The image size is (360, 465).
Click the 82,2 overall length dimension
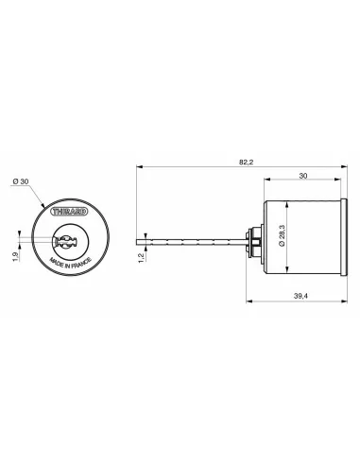pyautogui.click(x=246, y=163)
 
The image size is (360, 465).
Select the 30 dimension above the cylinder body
pyautogui.click(x=302, y=176)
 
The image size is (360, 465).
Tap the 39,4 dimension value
pyautogui.click(x=300, y=296)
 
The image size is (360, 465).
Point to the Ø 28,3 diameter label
pyautogui.click(x=282, y=235)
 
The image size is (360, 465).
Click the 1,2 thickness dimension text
pyautogui.click(x=142, y=258)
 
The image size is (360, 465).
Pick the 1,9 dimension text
pyautogui.click(x=15, y=256)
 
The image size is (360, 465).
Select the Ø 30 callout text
pyautogui.click(x=21, y=181)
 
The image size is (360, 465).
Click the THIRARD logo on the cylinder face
pyautogui.click(x=69, y=212)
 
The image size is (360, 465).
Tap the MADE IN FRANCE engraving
pyautogui.click(x=71, y=263)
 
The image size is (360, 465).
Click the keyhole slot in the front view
pyautogui.click(x=65, y=242)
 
